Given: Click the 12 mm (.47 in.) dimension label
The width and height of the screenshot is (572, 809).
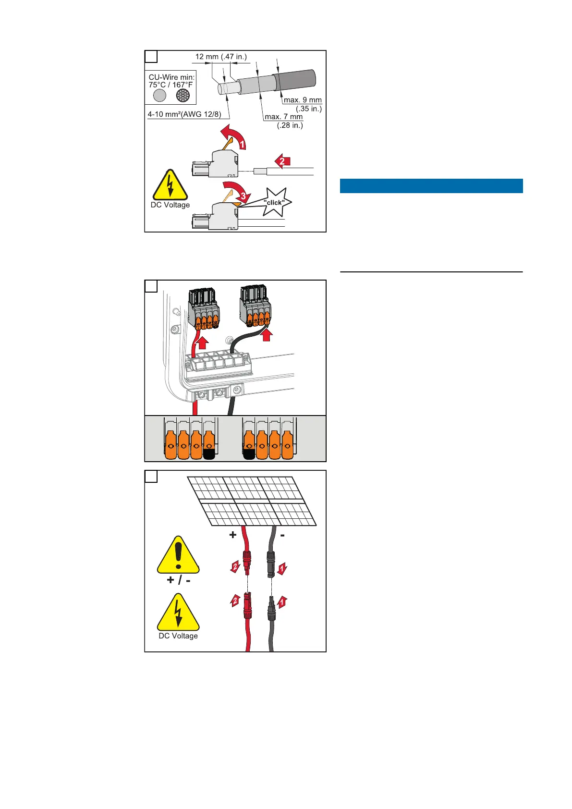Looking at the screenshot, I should point(221,57).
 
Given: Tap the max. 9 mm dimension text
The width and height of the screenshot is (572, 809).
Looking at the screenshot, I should point(303,100).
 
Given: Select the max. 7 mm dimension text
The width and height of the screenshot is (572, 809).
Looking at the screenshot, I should point(284,117).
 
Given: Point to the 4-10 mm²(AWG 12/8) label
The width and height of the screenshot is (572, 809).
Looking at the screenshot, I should point(184,114).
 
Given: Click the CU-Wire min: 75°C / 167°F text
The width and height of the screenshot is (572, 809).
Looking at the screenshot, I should point(171,81).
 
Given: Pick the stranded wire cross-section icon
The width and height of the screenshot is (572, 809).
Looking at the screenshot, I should point(183,96).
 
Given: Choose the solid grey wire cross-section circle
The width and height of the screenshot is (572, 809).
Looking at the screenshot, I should point(159,96).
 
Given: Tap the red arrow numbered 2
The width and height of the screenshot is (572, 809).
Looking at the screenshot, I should point(282,161).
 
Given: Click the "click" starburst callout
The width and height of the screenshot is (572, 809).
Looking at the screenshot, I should point(274,202).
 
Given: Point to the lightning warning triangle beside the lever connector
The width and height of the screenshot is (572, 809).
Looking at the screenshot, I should point(170,185).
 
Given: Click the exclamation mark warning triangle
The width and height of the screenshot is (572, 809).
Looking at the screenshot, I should point(178,555).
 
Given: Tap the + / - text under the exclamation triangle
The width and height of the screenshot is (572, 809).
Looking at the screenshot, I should point(178,580).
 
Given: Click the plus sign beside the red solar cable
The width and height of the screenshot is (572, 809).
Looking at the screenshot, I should point(233,535).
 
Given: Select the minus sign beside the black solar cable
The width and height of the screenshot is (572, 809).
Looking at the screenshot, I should point(283,534).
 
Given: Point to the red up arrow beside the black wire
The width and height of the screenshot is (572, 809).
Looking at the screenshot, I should point(267,334).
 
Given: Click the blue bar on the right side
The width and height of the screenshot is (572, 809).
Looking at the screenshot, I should point(431,186).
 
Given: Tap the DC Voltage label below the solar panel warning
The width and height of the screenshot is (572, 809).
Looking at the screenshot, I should point(178,636).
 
